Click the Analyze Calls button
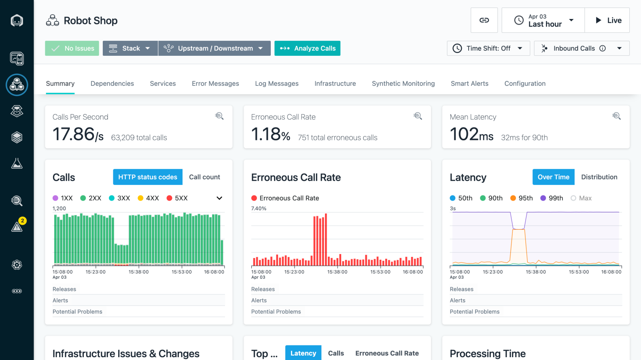pyautogui.click(x=307, y=48)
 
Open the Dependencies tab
pyautogui.click(x=112, y=83)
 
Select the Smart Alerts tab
pyautogui.click(x=469, y=83)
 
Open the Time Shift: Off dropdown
pyautogui.click(x=488, y=48)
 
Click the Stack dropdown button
pyautogui.click(x=130, y=48)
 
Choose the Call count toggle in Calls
pyautogui.click(x=204, y=177)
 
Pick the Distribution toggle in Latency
pyautogui.click(x=599, y=177)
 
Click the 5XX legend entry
pyautogui.click(x=177, y=198)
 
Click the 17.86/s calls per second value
pyautogui.click(x=78, y=134)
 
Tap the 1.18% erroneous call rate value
pyautogui.click(x=271, y=134)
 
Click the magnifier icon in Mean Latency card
pyautogui.click(x=616, y=116)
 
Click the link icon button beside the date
pyautogui.click(x=484, y=20)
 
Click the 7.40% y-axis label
pyautogui.click(x=259, y=209)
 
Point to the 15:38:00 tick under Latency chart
pyautogui.click(x=536, y=272)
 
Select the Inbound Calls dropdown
pyautogui.click(x=582, y=48)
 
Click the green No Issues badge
pyautogui.click(x=72, y=48)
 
